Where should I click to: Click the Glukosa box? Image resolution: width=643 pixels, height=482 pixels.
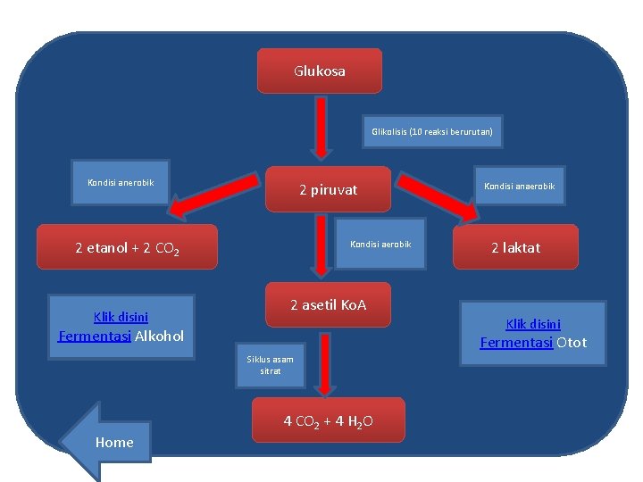[x=319, y=71]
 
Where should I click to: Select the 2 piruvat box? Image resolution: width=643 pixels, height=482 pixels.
[x=328, y=189]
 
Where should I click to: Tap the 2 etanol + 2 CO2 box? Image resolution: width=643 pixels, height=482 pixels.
[x=128, y=248]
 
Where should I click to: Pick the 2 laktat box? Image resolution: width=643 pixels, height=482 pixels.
[x=515, y=247]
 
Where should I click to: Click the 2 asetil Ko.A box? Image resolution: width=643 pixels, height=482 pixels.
[x=328, y=306]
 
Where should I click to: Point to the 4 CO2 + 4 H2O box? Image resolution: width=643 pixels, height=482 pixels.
[x=328, y=420]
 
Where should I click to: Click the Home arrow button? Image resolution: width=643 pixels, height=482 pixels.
[x=107, y=441]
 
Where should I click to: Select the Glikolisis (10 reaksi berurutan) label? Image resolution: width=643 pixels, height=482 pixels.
[x=432, y=132]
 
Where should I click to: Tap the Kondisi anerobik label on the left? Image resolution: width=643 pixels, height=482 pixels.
[x=121, y=183]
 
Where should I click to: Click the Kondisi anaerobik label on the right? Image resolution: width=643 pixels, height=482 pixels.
[x=519, y=186]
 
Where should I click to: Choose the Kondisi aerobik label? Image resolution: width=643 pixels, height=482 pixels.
[x=380, y=244]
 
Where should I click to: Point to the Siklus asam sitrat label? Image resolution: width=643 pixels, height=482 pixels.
[x=270, y=365]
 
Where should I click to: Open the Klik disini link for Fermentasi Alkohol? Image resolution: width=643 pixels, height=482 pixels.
[x=121, y=316]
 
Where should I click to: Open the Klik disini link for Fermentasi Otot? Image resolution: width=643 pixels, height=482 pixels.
[x=533, y=324]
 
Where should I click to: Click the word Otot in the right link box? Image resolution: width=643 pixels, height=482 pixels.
[x=572, y=342]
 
